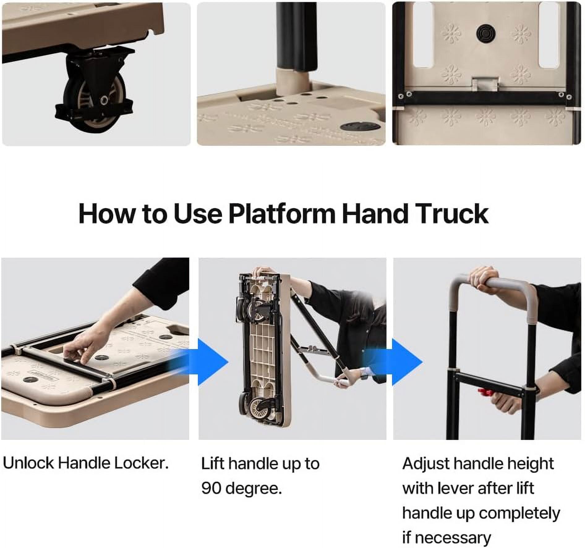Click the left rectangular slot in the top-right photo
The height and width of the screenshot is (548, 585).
click(422, 35)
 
